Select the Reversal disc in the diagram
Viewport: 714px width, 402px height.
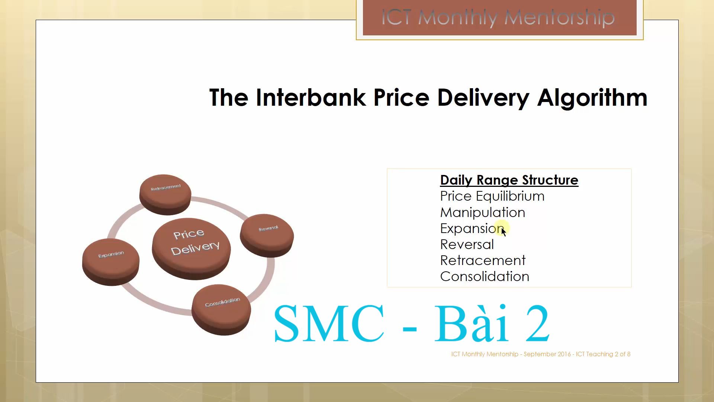(267, 235)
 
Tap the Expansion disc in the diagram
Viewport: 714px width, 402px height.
(111, 261)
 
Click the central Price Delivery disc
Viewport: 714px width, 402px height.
(191, 248)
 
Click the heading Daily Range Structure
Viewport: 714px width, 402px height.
(509, 180)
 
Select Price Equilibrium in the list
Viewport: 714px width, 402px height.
(492, 196)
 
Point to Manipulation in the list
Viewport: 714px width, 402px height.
(483, 213)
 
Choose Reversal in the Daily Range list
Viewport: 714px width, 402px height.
(467, 245)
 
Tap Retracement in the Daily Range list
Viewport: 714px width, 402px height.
(483, 261)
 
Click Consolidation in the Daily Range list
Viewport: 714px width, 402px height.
(485, 277)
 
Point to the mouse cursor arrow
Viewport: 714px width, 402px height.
(504, 232)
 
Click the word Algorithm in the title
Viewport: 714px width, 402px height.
(592, 98)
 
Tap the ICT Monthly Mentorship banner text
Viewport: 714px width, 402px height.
(498, 18)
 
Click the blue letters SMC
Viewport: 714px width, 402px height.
(329, 323)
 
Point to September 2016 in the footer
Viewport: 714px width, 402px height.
(547, 354)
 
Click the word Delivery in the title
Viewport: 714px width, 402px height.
(483, 98)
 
